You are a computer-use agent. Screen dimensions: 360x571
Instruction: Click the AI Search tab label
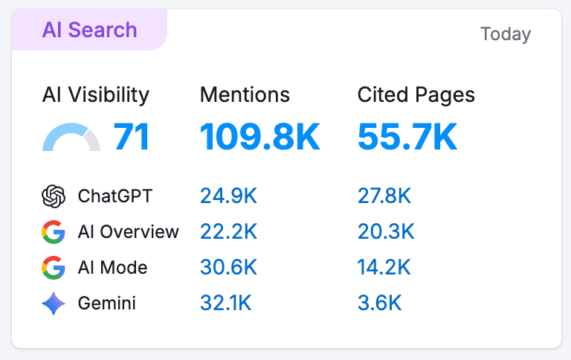[x=89, y=30]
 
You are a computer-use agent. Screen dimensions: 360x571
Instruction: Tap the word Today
[x=506, y=34]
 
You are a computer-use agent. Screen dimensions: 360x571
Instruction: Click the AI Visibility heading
[x=96, y=95]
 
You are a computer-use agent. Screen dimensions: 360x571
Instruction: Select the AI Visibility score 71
[x=132, y=138]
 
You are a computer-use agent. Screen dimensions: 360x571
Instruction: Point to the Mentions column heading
[x=245, y=95]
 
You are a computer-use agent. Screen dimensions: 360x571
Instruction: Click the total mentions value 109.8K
[x=259, y=138]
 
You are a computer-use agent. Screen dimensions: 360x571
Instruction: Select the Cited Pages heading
[x=416, y=95]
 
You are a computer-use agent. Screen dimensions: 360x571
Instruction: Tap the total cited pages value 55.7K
[x=407, y=138]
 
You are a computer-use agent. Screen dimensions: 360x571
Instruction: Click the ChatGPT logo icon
[x=54, y=196]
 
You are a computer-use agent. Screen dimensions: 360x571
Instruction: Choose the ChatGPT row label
[x=115, y=196]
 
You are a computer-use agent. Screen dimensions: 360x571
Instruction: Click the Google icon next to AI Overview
[x=54, y=232]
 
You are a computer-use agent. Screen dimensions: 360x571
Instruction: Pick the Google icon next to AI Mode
[x=54, y=268]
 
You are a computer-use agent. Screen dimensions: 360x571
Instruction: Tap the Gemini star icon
[x=54, y=303]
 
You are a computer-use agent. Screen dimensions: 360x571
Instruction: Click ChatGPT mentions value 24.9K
[x=228, y=196]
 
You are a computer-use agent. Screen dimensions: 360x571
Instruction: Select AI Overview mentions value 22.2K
[x=228, y=232]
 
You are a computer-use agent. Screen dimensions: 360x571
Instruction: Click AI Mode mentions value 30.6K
[x=228, y=268]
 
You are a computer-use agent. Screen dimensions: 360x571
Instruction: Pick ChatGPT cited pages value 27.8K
[x=384, y=196]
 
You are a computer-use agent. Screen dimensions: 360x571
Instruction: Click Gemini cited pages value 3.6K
[x=379, y=303]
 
